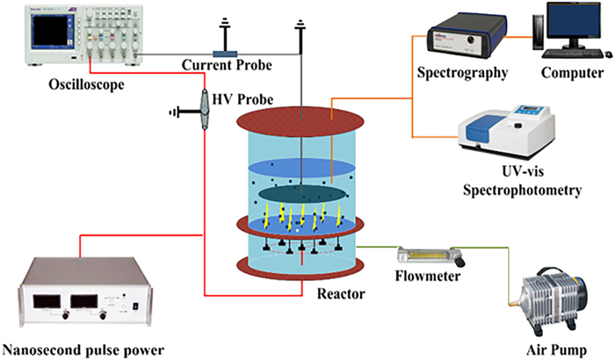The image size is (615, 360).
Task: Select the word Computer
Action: coord(572,72)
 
